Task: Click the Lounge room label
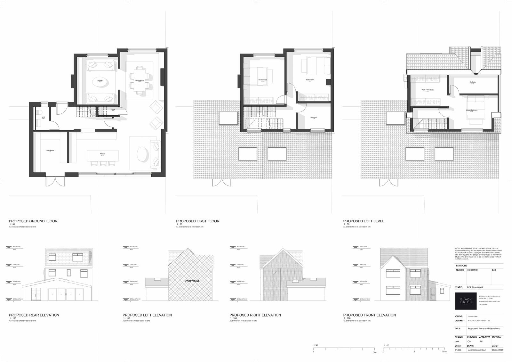(100, 80)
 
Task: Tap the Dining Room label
(140, 80)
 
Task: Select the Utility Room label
(50, 150)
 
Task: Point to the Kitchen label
(102, 154)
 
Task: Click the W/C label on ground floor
(43, 117)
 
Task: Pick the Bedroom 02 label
(263, 79)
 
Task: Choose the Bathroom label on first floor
(314, 117)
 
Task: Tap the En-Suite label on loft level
(473, 82)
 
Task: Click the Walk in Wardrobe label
(428, 90)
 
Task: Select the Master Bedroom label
(471, 110)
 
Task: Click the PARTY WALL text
(192, 281)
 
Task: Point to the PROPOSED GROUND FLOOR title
(33, 221)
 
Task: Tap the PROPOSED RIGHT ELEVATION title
(255, 315)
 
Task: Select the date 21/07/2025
(497, 350)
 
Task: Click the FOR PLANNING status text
(475, 287)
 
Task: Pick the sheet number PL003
(458, 350)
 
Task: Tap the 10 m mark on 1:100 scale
(444, 352)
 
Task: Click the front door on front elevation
(433, 292)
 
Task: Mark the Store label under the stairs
(113, 109)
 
